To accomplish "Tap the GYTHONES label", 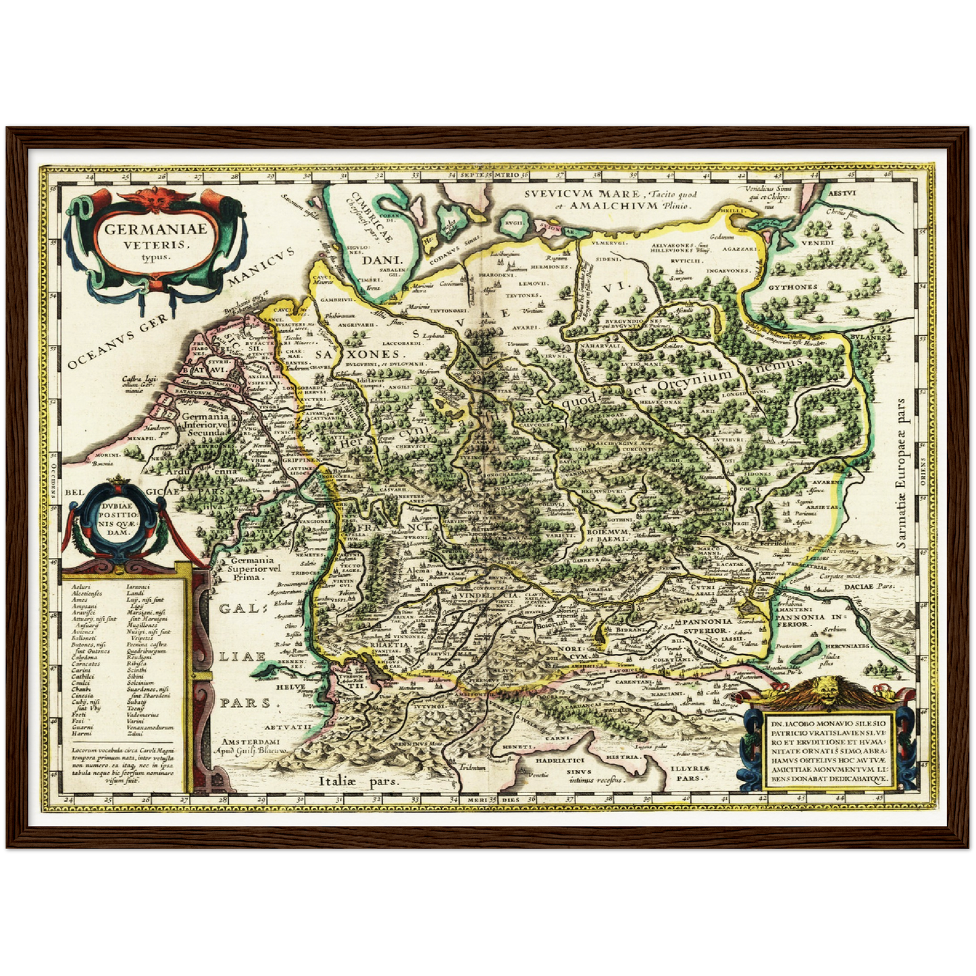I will click(792, 287).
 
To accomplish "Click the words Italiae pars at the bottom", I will click(359, 781).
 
